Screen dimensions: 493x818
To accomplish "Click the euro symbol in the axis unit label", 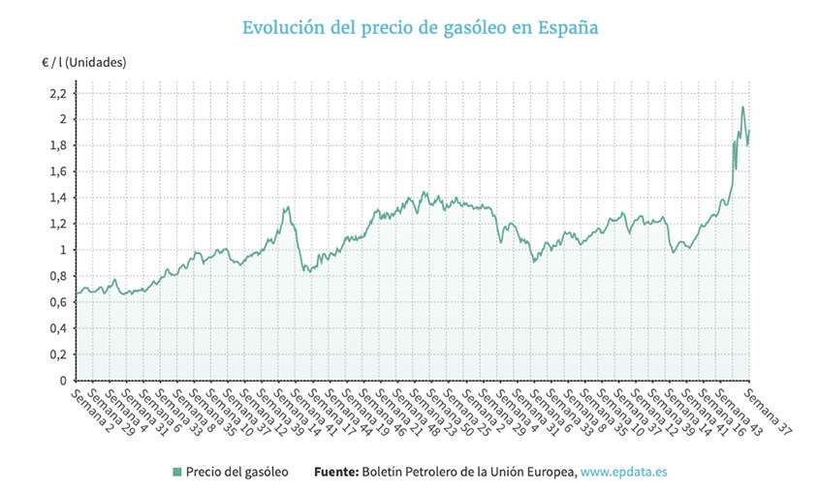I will [x=46, y=63].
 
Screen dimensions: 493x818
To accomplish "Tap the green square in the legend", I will [x=176, y=472].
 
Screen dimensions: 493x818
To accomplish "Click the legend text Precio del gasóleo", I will [x=236, y=472].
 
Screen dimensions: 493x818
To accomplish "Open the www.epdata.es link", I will [x=623, y=472].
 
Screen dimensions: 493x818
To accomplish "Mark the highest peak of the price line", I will [x=742, y=107].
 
